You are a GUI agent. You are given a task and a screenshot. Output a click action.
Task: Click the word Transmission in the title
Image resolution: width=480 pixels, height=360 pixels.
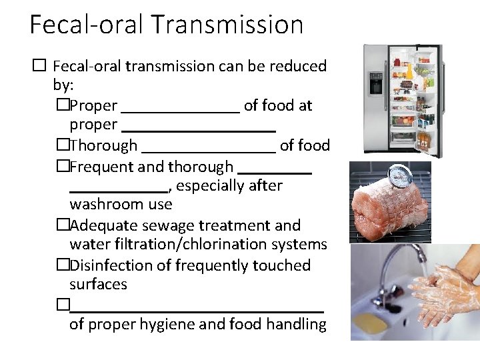[x=227, y=25]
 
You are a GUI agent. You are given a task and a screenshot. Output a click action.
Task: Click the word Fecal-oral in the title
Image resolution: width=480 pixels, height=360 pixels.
[x=87, y=25]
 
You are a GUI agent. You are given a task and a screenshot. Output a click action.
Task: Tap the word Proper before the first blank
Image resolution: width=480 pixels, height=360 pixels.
[x=93, y=105]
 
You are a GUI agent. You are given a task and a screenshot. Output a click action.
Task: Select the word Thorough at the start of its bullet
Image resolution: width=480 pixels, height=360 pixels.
[x=103, y=145]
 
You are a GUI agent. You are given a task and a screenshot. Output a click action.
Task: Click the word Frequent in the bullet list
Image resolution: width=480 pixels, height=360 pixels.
[x=99, y=167]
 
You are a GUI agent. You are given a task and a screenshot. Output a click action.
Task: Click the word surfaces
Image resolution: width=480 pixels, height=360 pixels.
[x=98, y=284]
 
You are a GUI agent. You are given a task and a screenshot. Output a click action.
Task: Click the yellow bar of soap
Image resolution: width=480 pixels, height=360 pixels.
[x=369, y=323]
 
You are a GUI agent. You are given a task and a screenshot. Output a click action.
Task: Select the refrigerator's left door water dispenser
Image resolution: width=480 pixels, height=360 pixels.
[x=376, y=84]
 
